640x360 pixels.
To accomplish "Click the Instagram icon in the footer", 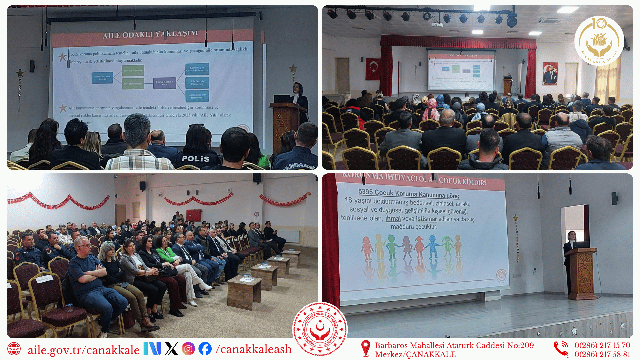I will pyautogui.click(x=188, y=349).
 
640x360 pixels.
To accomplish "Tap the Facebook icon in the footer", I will pyautogui.click(x=205, y=349).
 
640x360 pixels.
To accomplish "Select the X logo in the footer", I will pyautogui.click(x=171, y=349).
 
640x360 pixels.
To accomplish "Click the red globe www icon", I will pyautogui.click(x=14, y=349).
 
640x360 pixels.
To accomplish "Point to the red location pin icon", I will pyautogui.click(x=365, y=348).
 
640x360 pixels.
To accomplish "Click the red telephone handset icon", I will pyautogui.click(x=561, y=349).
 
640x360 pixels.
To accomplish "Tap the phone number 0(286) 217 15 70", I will pyautogui.click(x=602, y=345).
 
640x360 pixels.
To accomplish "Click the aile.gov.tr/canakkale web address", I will pyautogui.click(x=83, y=350).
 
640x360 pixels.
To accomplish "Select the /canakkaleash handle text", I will pyautogui.click(x=254, y=349).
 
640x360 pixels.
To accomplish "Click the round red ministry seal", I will pyautogui.click(x=320, y=329).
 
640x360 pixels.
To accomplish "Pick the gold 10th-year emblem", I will pyautogui.click(x=599, y=41).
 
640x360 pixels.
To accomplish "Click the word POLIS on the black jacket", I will pyautogui.click(x=196, y=159).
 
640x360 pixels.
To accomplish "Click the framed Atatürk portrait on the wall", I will pyautogui.click(x=550, y=73).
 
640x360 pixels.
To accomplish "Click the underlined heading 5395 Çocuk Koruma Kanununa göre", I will pyautogui.click(x=409, y=194).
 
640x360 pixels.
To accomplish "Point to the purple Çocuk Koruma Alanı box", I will pyautogui.click(x=164, y=83).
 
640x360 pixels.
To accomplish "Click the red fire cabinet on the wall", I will pyautogui.click(x=194, y=215).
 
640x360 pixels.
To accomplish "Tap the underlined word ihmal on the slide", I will pyautogui.click(x=393, y=219).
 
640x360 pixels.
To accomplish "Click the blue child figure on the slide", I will pyautogui.click(x=433, y=247).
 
